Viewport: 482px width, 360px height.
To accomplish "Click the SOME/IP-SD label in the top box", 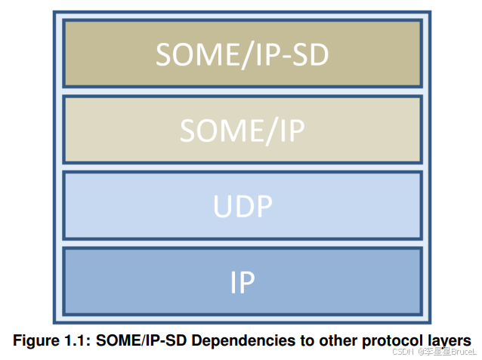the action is coord(242,54).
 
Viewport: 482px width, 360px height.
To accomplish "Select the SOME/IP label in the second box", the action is coord(242,131).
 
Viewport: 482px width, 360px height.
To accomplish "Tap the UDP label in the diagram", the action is coord(242,205).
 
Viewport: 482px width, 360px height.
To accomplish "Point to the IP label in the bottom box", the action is coord(242,282).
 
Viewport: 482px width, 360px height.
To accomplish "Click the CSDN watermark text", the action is coord(404,352).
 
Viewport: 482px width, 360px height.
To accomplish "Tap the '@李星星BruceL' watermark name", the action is coord(448,352).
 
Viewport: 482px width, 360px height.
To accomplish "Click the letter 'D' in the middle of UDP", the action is coord(242,205).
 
